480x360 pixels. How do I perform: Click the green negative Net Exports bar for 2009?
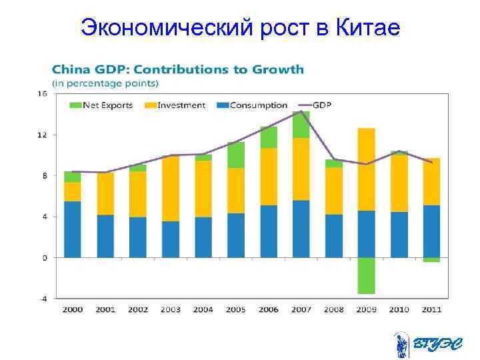tap(366, 275)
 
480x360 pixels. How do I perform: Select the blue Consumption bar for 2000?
tap(72, 229)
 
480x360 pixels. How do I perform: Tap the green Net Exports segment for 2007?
tap(301, 125)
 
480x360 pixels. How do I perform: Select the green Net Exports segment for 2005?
tap(235, 155)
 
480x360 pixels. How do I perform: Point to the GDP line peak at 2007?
tap(301, 111)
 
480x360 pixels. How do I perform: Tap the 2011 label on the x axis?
tap(431, 309)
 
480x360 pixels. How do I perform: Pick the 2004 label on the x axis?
tap(203, 309)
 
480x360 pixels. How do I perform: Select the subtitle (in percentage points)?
tap(105, 83)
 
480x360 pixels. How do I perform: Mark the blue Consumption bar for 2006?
tap(268, 231)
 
